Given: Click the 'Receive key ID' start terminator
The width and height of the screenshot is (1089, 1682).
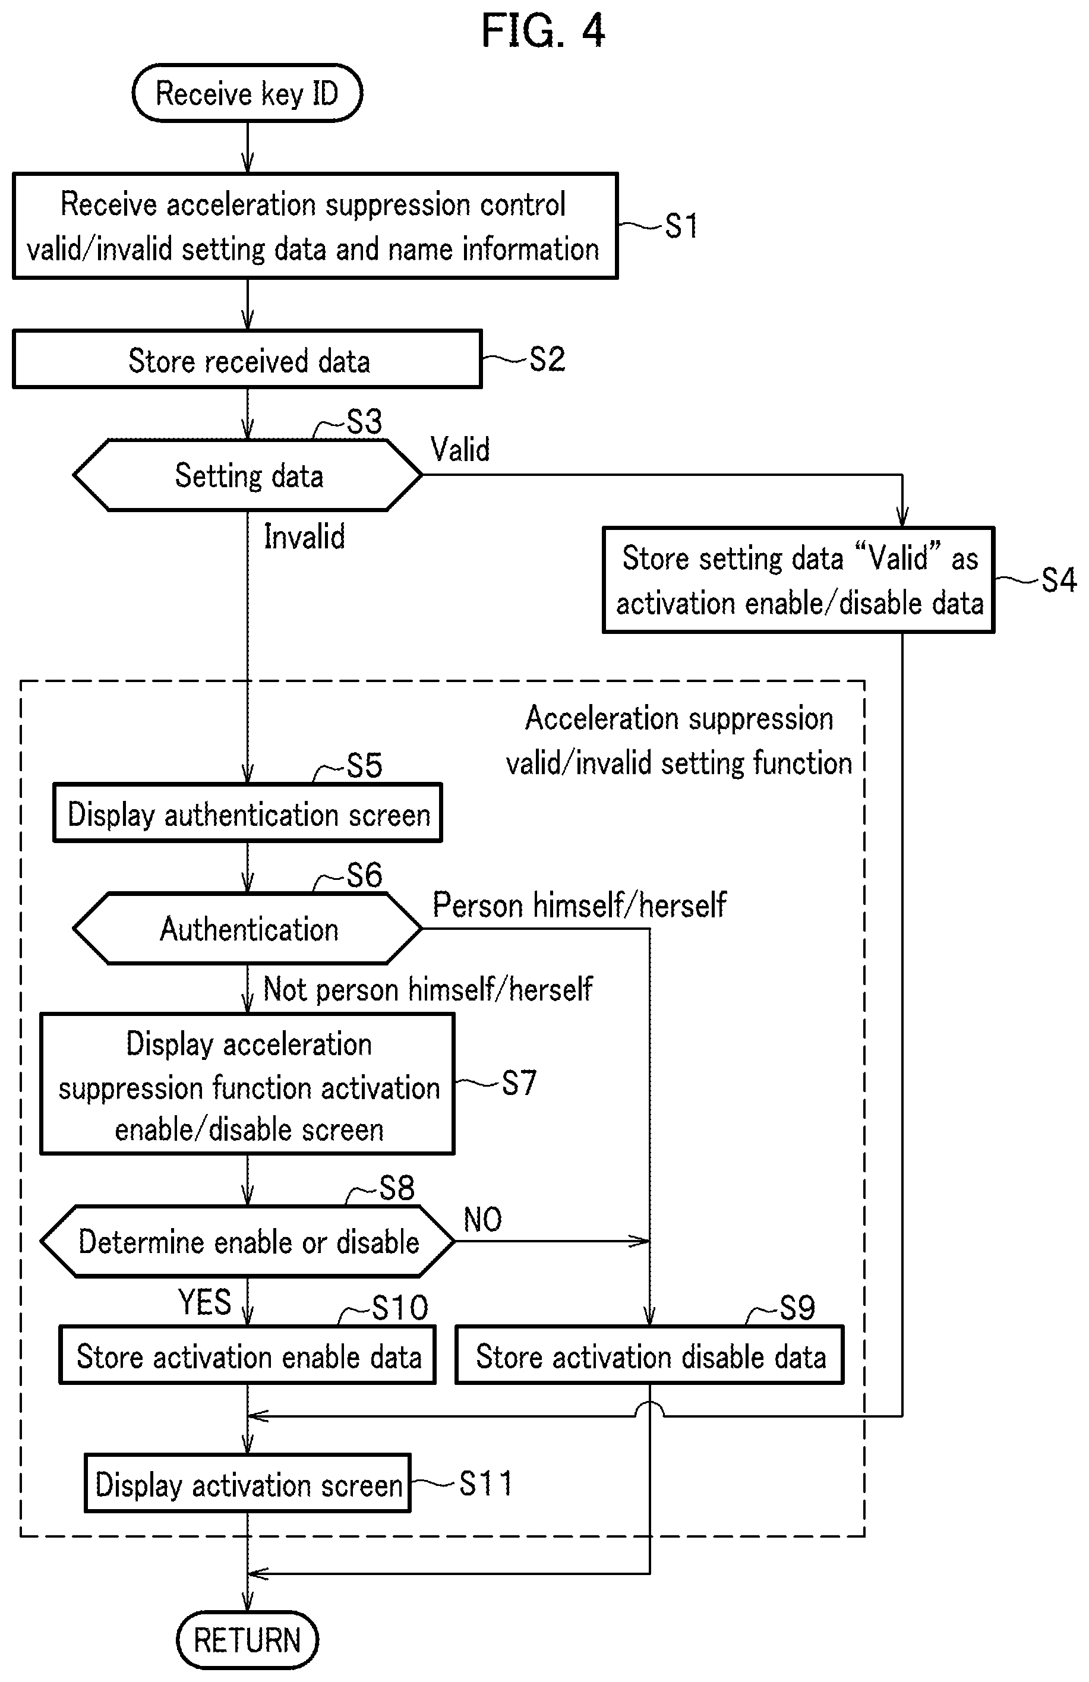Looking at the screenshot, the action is (247, 93).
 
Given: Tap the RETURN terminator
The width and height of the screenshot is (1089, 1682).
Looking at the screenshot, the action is (247, 1640).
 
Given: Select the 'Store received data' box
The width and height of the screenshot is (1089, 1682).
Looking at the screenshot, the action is (247, 359).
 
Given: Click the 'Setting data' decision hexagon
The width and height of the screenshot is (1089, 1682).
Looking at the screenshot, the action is (247, 475).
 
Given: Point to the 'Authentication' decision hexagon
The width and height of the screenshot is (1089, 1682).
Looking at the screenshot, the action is (247, 928).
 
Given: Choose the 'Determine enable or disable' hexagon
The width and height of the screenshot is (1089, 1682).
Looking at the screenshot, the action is (247, 1241).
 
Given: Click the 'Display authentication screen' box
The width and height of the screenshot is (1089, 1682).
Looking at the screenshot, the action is (247, 813).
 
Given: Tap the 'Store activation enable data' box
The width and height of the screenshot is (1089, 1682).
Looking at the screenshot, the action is (247, 1354).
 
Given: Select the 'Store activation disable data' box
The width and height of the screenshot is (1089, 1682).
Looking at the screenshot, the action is (649, 1354).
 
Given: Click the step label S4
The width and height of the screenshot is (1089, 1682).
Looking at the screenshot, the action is (1059, 579).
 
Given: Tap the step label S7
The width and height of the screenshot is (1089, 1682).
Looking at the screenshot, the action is (519, 1083).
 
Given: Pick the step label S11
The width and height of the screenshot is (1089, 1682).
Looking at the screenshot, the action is (485, 1483).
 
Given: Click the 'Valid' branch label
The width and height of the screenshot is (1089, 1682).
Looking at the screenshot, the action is (460, 450).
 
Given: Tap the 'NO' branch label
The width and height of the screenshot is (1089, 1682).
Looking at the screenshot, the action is (482, 1219).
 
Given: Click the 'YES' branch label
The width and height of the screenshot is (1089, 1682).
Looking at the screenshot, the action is (205, 1302).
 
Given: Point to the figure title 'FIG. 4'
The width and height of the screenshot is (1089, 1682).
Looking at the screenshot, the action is (543, 30).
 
